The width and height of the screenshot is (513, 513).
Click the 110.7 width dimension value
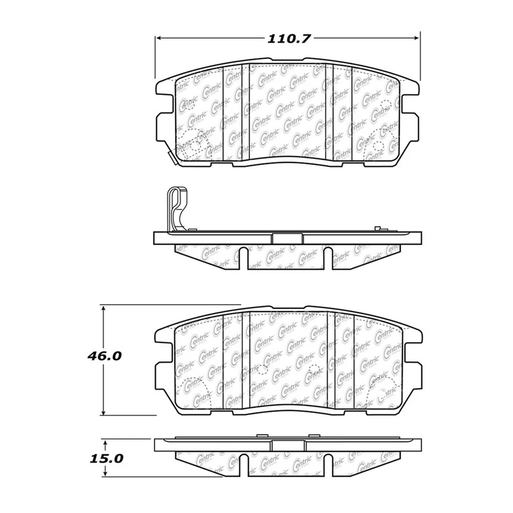click(289, 38)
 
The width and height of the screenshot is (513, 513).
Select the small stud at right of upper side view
click(377, 229)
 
